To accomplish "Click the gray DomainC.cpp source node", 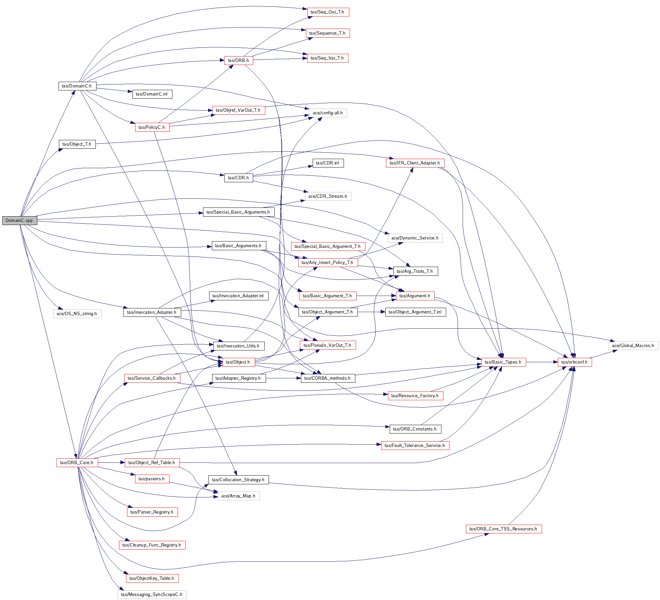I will click(20, 221).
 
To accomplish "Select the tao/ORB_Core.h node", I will click(77, 462).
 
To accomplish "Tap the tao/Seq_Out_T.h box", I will click(328, 12).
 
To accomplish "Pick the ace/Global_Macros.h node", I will click(633, 345).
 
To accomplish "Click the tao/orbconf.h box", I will click(575, 362).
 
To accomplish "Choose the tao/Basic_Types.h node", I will click(503, 362).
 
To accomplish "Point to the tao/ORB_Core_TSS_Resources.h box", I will click(503, 529).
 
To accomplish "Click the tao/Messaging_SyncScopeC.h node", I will click(152, 594).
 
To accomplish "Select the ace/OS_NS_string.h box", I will click(77, 313).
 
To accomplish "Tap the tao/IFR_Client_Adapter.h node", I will click(415, 163).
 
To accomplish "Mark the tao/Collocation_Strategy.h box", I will click(238, 480).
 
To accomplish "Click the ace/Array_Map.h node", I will click(238, 496).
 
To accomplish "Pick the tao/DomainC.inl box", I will click(152, 94).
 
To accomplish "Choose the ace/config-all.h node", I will click(328, 113).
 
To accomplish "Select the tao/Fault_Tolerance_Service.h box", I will click(415, 445).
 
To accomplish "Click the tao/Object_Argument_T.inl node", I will click(415, 312).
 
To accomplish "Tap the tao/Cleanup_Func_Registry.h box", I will click(152, 545).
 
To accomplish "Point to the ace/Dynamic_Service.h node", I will click(415, 238).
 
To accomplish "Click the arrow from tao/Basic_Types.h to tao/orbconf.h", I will click(542, 362).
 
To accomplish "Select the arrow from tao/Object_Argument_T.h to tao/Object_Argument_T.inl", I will click(371, 312).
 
